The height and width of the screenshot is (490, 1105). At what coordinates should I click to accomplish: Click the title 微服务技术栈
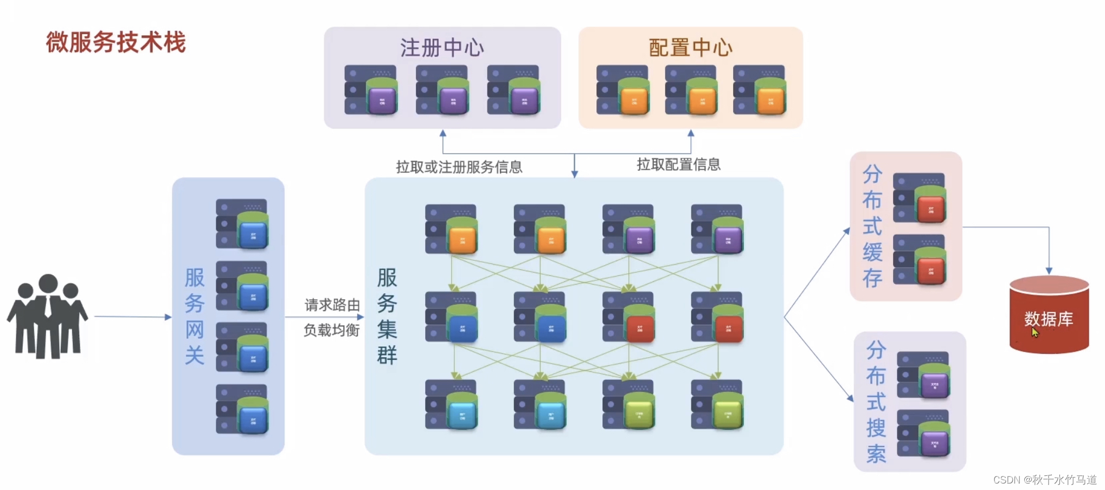(x=115, y=42)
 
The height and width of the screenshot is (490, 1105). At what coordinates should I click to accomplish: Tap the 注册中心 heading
(x=442, y=48)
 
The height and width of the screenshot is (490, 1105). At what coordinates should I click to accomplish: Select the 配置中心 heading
(x=690, y=48)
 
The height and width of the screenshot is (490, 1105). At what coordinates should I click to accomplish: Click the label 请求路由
(x=332, y=305)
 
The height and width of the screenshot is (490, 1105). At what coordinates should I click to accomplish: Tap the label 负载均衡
(x=331, y=330)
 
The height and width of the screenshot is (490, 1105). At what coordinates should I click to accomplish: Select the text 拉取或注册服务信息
(x=459, y=167)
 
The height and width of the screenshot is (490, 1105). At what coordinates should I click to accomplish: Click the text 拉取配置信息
(x=678, y=164)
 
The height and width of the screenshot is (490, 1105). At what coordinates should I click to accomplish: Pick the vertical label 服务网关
(x=195, y=316)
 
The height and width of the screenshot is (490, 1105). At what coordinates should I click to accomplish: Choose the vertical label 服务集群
(x=387, y=316)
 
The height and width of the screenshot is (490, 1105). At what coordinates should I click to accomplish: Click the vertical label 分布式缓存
(x=872, y=226)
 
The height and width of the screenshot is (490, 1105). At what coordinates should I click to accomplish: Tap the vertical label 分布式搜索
(x=876, y=402)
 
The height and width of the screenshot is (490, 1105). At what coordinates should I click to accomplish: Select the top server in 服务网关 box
(x=242, y=224)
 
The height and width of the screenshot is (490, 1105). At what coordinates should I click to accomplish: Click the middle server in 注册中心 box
(x=442, y=90)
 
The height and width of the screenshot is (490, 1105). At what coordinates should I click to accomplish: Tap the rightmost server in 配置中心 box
(x=760, y=90)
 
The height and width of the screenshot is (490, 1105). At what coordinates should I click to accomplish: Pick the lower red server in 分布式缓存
(x=920, y=260)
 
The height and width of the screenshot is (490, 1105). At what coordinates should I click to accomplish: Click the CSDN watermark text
(x=1045, y=480)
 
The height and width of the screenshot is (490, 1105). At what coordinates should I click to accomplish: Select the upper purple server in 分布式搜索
(x=924, y=375)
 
